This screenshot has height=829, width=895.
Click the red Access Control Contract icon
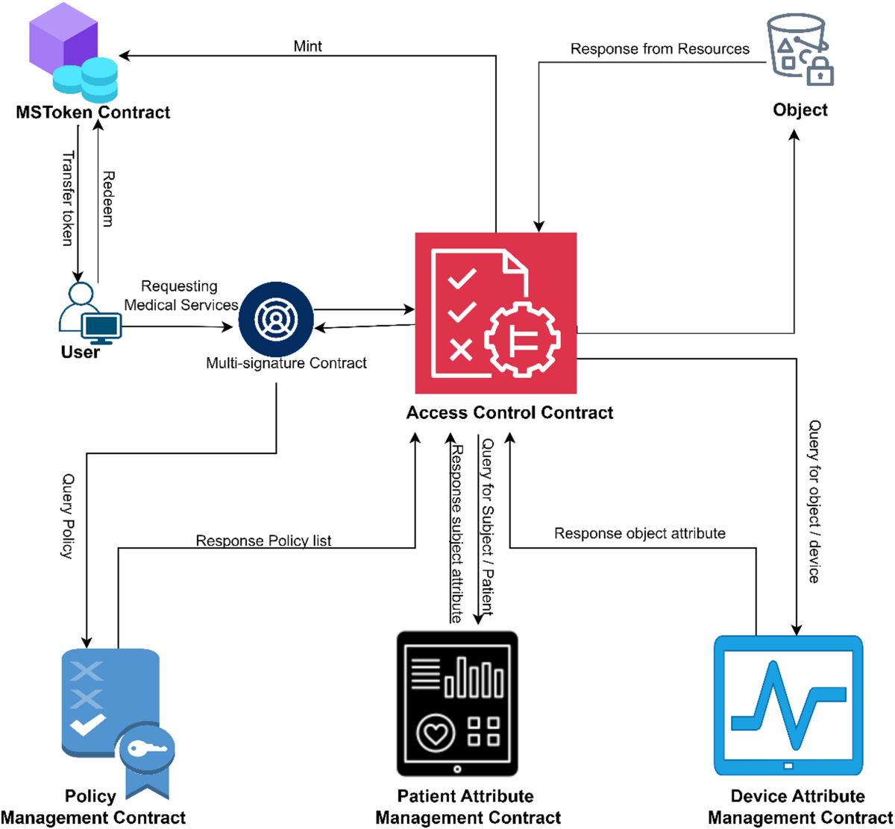point(496,313)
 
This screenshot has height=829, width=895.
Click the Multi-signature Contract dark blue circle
point(276,319)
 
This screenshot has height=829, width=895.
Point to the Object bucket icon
point(800,48)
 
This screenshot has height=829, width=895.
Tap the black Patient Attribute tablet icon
point(457,704)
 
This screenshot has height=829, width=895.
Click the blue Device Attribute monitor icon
point(788,705)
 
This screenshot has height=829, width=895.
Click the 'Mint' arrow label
point(307,46)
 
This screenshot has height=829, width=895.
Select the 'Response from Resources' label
point(659,49)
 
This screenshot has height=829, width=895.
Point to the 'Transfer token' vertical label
point(68,198)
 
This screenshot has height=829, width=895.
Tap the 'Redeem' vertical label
point(108,199)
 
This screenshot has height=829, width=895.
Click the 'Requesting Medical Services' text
point(180,295)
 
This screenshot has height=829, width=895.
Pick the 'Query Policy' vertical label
point(68,516)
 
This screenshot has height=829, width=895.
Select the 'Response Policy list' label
point(263,540)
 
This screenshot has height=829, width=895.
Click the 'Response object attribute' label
point(639,533)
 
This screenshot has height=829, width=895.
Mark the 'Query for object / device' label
point(814,501)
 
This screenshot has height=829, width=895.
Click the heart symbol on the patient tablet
point(436,733)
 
